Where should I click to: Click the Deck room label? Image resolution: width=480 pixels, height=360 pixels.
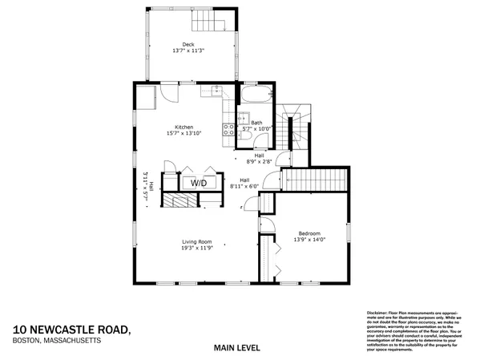click(x=188, y=44)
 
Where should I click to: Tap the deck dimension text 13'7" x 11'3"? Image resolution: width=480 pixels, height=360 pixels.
click(x=188, y=51)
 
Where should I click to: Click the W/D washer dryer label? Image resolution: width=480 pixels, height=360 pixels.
click(x=198, y=184)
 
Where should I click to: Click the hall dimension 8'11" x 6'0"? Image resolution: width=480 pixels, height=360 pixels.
click(x=245, y=186)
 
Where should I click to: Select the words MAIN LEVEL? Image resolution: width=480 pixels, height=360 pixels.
click(x=239, y=348)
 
